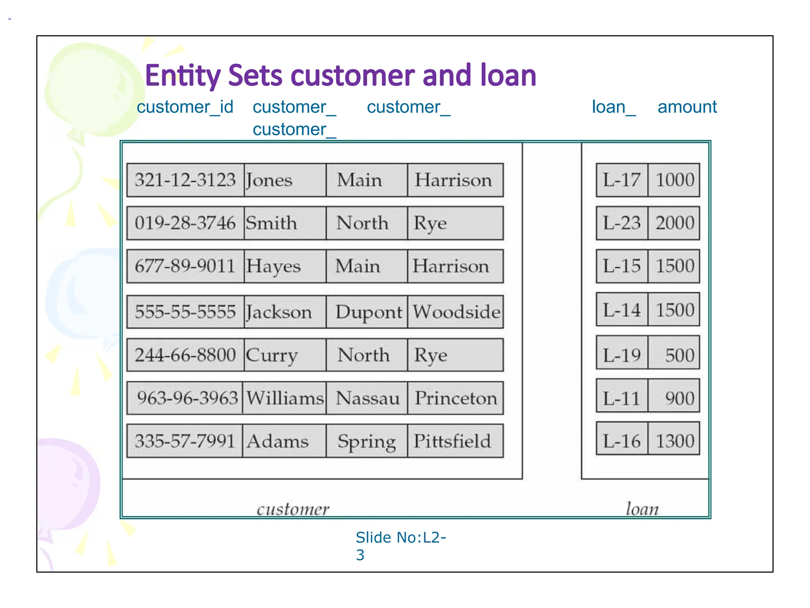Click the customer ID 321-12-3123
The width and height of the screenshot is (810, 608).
[185, 180]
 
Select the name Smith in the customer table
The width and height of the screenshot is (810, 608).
[271, 223]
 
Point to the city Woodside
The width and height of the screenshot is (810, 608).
[456, 312]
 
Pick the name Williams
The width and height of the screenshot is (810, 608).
[285, 398]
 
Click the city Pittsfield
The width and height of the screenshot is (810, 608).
[452, 441]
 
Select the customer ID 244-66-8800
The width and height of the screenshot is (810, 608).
[185, 355]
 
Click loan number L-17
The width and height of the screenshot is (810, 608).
[622, 180]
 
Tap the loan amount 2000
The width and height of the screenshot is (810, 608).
[675, 223]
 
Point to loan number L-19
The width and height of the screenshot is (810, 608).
[622, 355]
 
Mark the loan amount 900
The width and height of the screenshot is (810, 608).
[679, 398]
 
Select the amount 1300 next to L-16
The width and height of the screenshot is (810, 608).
[675, 441]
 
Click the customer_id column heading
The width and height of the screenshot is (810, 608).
[185, 107]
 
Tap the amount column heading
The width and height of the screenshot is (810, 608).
[687, 107]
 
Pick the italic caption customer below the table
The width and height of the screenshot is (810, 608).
[293, 509]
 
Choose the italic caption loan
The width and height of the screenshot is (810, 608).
[642, 509]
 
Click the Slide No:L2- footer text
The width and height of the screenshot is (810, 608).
[401, 538]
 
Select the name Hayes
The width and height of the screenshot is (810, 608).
[273, 266]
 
